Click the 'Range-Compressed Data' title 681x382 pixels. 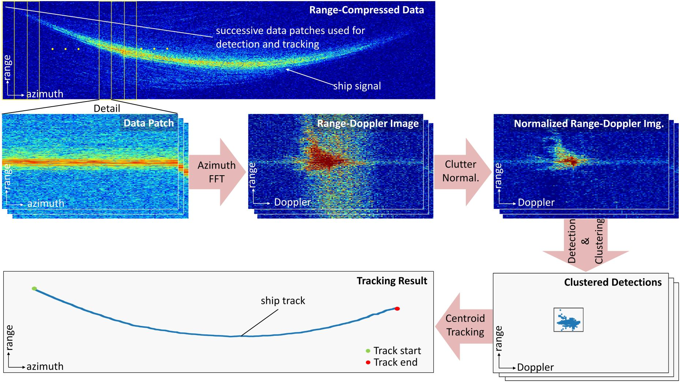click(x=366, y=10)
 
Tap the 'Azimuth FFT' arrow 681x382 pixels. click(x=217, y=172)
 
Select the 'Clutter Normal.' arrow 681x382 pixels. click(x=461, y=171)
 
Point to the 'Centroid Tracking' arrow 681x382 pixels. click(x=464, y=325)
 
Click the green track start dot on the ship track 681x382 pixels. click(x=34, y=289)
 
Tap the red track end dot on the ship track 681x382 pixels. click(x=397, y=309)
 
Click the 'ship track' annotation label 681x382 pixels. click(x=283, y=301)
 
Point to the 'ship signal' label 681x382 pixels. click(x=357, y=86)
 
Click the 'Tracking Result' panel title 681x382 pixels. click(x=392, y=281)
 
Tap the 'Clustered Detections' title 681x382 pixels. click(x=613, y=282)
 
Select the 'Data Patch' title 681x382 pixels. click(x=149, y=123)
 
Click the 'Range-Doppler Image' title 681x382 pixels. click(x=368, y=124)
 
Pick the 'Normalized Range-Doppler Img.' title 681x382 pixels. click(x=589, y=124)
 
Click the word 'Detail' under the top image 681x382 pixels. click(x=107, y=109)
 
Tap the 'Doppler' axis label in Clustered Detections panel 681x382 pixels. click(x=535, y=367)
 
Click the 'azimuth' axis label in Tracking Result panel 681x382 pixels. click(x=45, y=367)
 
